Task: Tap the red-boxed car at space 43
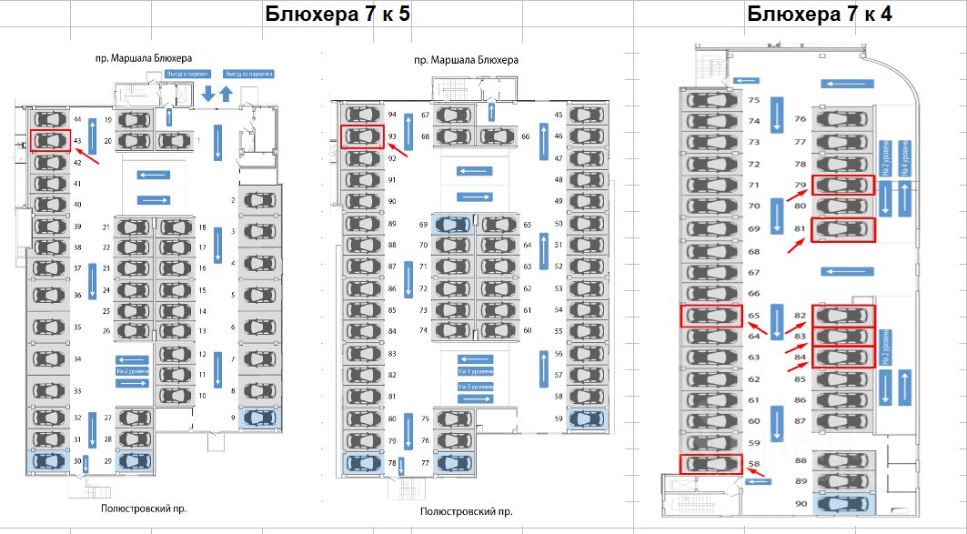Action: (51, 140)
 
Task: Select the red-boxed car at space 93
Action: (362, 136)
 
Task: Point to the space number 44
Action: (78, 119)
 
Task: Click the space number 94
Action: (392, 116)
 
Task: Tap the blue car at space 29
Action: (134, 460)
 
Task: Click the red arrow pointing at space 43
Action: (101, 152)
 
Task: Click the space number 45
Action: (559, 116)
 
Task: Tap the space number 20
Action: (107, 141)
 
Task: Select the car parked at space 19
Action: (134, 119)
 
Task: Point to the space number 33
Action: (78, 391)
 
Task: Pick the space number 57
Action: (559, 375)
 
